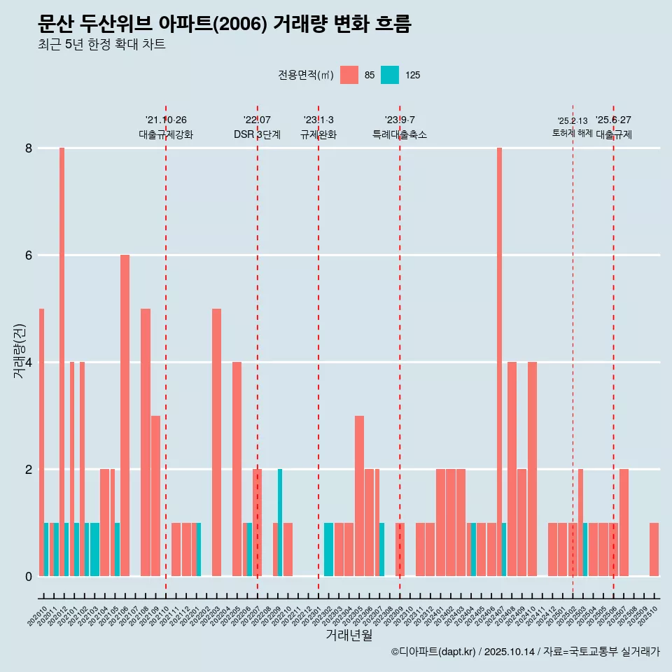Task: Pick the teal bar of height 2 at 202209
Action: (280, 522)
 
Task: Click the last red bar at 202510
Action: (654, 549)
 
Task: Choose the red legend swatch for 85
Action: (349, 75)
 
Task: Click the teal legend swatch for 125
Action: (390, 75)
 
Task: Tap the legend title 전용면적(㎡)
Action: (306, 75)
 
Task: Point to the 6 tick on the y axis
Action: (29, 255)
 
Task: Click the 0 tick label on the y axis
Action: (29, 576)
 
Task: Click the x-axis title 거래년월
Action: (349, 635)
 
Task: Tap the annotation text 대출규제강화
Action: (166, 134)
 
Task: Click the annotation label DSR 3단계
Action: (257, 134)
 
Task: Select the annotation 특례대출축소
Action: (400, 134)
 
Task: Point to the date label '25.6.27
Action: (613, 120)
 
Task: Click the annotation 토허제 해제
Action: (573, 133)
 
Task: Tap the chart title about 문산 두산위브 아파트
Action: (225, 24)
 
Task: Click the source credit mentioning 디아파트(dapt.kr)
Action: (525, 652)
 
